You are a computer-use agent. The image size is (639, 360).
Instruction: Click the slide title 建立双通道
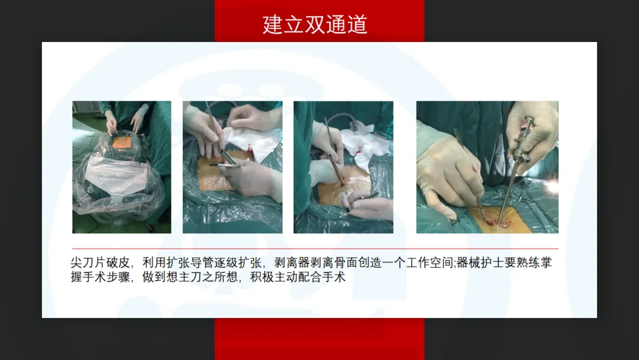pos(315,24)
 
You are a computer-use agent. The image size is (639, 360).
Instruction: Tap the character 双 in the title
pos(315,24)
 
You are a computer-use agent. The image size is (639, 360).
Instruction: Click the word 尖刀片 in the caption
pos(88,263)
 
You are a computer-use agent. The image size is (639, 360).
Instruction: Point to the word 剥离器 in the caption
pos(292,263)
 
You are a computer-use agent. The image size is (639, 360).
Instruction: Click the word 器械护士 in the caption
pos(480,263)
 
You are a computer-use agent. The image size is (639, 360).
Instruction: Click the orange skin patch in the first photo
pos(121,142)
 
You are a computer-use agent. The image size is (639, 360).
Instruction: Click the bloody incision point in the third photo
pos(343,179)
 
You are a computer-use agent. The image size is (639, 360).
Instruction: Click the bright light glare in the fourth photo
pos(551,187)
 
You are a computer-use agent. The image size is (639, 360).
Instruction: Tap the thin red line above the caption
pos(315,248)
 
